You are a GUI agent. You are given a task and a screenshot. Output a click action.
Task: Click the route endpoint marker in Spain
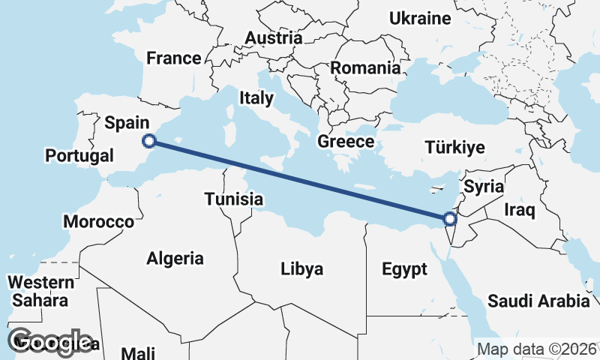click(x=149, y=140)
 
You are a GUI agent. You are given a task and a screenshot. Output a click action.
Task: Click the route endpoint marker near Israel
click(x=449, y=219)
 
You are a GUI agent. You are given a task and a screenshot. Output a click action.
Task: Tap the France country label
click(x=174, y=58)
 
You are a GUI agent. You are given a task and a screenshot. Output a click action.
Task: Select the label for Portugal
click(x=79, y=156)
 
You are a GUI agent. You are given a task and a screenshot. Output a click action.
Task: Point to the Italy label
click(x=257, y=97)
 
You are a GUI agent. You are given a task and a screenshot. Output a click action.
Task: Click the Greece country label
click(x=346, y=142)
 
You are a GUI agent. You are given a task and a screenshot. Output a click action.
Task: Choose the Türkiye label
click(x=454, y=147)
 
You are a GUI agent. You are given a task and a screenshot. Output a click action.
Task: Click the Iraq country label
click(x=519, y=210)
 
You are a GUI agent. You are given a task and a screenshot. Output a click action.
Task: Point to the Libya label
click(x=301, y=269)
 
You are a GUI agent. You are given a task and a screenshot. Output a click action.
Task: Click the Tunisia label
click(x=234, y=199)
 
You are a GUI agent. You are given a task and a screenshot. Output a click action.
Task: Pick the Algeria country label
click(x=175, y=259)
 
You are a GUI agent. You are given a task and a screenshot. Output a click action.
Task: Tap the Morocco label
click(x=98, y=222)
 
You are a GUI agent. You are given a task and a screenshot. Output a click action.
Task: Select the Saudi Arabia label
click(x=538, y=301)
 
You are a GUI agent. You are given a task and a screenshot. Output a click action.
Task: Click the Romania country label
click(x=365, y=68)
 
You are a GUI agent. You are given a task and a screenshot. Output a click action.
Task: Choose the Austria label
click(x=274, y=37)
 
